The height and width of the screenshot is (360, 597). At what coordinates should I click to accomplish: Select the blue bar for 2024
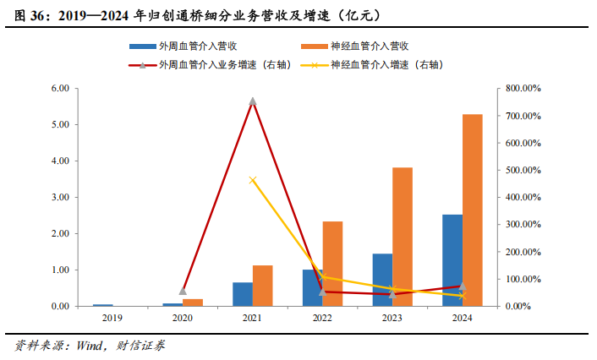[452, 259]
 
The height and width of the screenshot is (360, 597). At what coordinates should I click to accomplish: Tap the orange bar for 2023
[403, 237]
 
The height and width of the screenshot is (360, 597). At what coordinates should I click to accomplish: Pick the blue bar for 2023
[382, 280]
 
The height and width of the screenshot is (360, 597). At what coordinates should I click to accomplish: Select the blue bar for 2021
[243, 294]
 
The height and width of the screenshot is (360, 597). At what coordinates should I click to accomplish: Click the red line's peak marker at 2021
[253, 101]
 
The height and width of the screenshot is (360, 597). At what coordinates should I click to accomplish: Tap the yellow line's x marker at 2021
[253, 180]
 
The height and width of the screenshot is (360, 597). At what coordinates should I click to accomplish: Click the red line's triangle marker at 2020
[183, 291]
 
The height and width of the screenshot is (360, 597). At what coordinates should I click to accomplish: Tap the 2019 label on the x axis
[113, 319]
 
